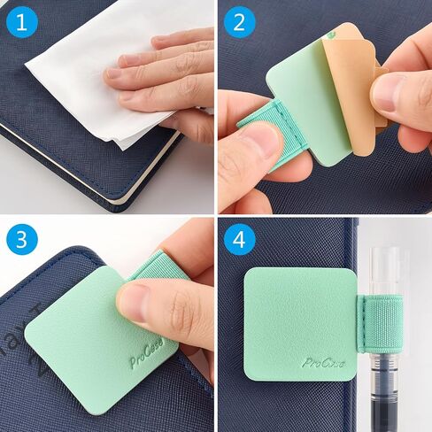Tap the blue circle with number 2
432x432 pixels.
[x=237, y=20]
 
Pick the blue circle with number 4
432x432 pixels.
[x=237, y=239]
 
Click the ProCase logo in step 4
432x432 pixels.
[x=323, y=362]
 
